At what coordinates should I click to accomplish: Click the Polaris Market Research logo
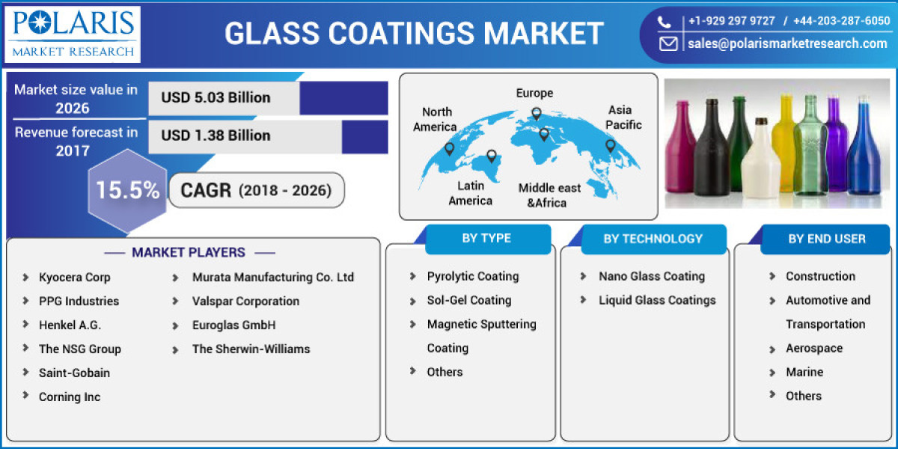[x=73, y=34]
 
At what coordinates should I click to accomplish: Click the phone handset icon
[x=665, y=22]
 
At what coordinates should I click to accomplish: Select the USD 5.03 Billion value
[x=216, y=98]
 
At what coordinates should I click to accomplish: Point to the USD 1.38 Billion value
[x=216, y=135]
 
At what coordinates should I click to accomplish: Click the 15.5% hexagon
[x=127, y=190]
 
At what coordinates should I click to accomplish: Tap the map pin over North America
[x=449, y=149]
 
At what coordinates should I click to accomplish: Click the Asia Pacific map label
[x=623, y=117]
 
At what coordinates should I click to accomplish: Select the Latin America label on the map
[x=471, y=192]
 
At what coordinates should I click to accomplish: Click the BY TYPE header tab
[x=486, y=239]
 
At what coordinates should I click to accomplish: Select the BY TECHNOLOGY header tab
[x=653, y=239]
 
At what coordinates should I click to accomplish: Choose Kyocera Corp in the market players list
[x=74, y=277]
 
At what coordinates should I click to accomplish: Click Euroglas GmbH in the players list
[x=233, y=325]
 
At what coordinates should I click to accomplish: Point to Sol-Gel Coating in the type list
[x=469, y=300]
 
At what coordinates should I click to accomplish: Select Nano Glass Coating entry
[x=651, y=276]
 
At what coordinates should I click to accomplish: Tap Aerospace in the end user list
[x=813, y=348]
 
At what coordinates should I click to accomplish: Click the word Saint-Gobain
[x=74, y=373]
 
